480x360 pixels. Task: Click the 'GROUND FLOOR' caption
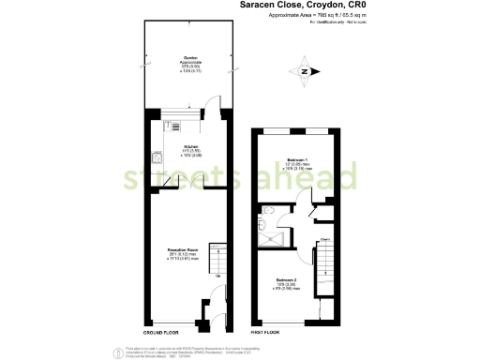coord(161,333)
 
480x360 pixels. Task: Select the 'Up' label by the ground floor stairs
coord(218,275)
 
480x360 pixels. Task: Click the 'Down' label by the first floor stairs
coord(325,240)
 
